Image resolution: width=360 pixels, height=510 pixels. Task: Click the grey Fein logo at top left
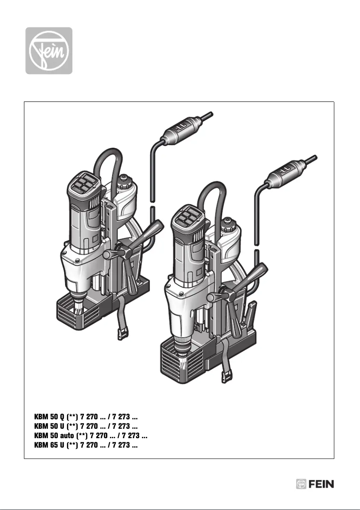pyautogui.click(x=48, y=50)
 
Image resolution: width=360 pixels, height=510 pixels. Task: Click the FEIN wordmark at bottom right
pyautogui.click(x=321, y=484)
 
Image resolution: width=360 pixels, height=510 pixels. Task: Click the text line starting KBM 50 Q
pyautogui.click(x=86, y=417)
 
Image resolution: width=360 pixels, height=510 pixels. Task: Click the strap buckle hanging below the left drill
pyautogui.click(x=122, y=333)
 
